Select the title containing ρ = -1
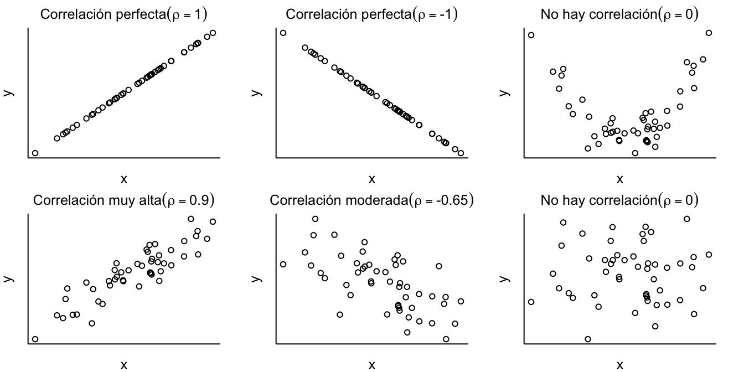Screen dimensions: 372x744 [371, 13]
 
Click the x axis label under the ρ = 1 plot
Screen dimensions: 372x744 [123, 179]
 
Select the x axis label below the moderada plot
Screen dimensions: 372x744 [371, 364]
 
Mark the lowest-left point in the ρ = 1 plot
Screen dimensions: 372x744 [35, 153]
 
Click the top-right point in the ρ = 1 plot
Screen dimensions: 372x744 [213, 33]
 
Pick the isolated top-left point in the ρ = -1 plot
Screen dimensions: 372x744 [283, 33]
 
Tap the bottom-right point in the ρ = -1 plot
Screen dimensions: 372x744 [461, 153]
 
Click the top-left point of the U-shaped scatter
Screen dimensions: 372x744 [531, 35]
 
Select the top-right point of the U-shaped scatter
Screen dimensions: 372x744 [709, 33]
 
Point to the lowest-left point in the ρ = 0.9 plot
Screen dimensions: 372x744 [35, 339]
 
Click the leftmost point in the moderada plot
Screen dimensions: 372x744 [283, 264]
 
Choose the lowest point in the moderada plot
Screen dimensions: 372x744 [446, 339]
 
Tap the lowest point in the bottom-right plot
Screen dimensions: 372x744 [588, 339]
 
